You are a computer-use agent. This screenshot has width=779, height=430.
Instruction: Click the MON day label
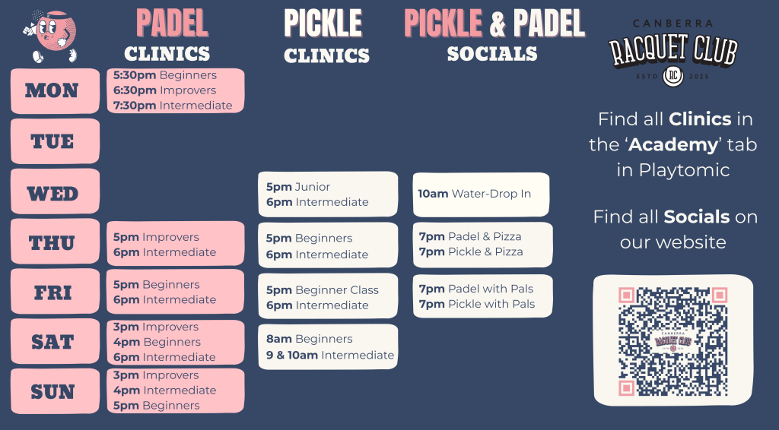click(52, 90)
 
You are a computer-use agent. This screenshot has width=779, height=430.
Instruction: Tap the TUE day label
click(52, 141)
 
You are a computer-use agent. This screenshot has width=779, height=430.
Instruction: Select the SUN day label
click(52, 392)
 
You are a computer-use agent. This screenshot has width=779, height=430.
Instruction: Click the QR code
click(673, 341)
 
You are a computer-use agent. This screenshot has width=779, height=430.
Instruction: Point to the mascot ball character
click(51, 36)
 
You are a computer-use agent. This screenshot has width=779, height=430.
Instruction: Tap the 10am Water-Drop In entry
click(475, 194)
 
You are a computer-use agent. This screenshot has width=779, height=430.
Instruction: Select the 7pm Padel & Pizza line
click(470, 236)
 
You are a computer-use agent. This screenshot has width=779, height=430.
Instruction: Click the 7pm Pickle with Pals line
click(477, 304)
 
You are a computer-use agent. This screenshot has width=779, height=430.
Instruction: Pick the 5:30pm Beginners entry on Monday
click(165, 75)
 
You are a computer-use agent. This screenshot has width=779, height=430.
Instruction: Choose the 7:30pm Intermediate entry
click(173, 106)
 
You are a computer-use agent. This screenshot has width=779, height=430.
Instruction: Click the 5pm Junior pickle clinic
click(298, 187)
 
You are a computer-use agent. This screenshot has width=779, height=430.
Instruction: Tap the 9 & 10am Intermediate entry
click(330, 355)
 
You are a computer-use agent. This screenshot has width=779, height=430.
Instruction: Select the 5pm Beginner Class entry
click(323, 290)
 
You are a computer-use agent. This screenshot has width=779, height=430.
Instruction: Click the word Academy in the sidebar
click(673, 145)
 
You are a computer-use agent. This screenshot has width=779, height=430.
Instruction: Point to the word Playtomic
click(684, 170)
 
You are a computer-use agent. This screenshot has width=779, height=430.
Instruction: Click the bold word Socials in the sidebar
click(697, 217)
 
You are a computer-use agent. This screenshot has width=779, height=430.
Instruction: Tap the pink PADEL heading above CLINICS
click(172, 24)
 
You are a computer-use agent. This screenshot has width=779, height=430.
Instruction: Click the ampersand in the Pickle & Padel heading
click(498, 24)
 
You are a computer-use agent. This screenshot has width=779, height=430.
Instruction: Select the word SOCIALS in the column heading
click(492, 54)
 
